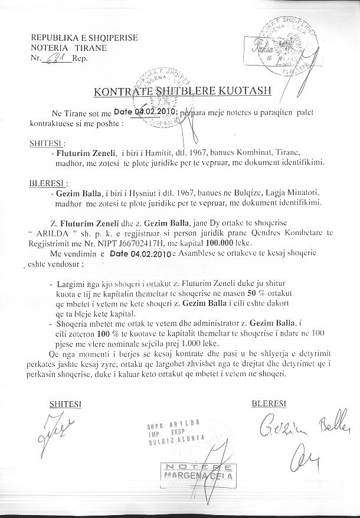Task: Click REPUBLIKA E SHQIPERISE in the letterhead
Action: pyautogui.click(x=84, y=38)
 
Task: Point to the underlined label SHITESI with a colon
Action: pyautogui.click(x=47, y=143)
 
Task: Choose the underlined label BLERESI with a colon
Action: pyautogui.click(x=48, y=183)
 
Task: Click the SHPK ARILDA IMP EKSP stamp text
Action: pyautogui.click(x=175, y=431)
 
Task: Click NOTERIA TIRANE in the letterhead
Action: pyautogui.click(x=68, y=48)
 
